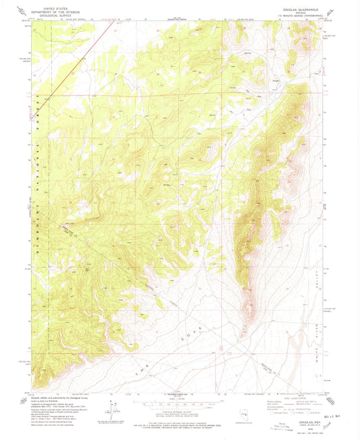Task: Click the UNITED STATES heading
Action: click(x=45, y=7)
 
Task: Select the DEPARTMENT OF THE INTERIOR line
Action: click(x=45, y=10)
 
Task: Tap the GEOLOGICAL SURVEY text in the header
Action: click(x=45, y=13)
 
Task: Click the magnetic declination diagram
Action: click(x=111, y=407)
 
